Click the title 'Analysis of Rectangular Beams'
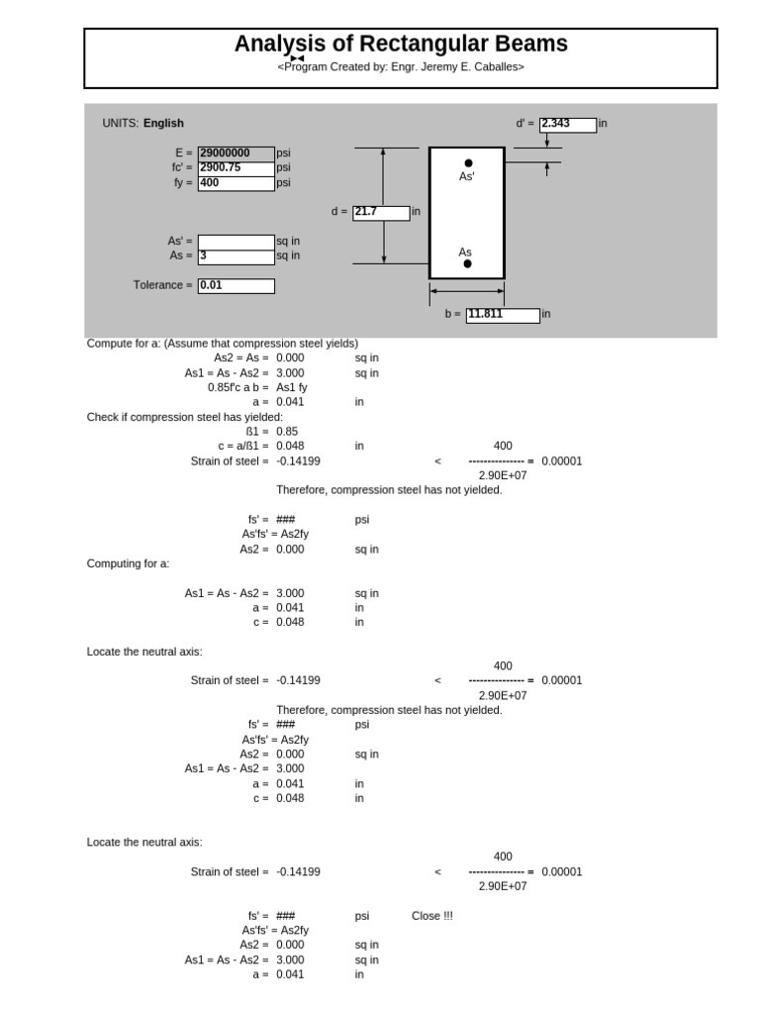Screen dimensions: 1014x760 (x=401, y=44)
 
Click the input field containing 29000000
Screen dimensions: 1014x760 (x=236, y=153)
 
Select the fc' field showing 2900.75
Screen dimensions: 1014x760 (x=236, y=168)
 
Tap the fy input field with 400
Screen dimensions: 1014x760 (x=236, y=183)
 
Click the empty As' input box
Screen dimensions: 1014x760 (x=236, y=242)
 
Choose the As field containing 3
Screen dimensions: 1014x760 (x=236, y=256)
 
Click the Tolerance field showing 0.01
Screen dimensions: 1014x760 (x=236, y=286)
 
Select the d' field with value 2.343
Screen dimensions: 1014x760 (x=568, y=125)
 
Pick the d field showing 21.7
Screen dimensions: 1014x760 (x=381, y=213)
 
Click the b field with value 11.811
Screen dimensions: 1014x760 (x=503, y=315)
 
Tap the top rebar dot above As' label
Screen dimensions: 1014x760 (x=468, y=162)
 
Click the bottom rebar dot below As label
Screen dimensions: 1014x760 (x=467, y=264)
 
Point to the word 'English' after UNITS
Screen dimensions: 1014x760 (x=163, y=124)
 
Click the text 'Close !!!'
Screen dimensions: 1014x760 (x=432, y=916)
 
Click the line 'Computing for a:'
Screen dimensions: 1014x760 (x=129, y=563)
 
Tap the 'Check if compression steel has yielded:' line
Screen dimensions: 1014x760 (x=185, y=417)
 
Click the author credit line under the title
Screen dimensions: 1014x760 (x=401, y=67)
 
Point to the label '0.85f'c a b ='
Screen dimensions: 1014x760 (x=238, y=388)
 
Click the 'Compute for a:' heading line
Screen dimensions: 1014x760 (x=223, y=344)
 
